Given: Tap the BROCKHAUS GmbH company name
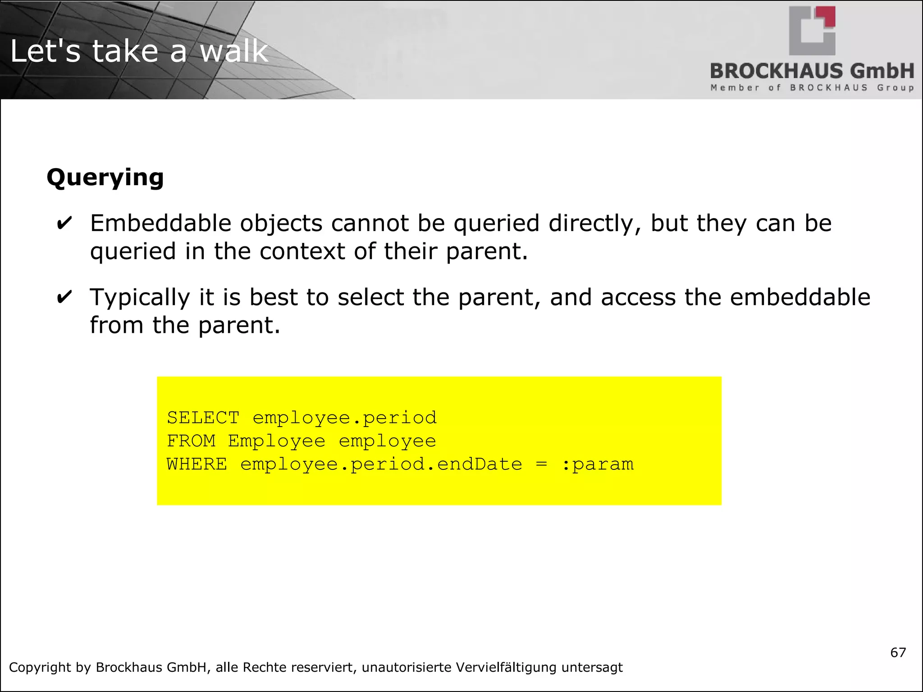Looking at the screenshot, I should [812, 71].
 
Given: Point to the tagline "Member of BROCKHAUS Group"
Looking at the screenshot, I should [812, 87].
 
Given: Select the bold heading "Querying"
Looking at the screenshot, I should [105, 177].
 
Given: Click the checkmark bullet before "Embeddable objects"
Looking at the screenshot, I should [64, 223].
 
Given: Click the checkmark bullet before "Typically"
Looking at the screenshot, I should [64, 297].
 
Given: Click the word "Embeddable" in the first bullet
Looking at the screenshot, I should [161, 223].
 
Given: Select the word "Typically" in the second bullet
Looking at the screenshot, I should [140, 298].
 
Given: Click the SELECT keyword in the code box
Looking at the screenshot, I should [203, 418].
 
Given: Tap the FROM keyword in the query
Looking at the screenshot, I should [191, 441].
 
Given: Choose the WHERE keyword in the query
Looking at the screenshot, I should [197, 464].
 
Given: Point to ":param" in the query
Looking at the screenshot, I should [598, 464].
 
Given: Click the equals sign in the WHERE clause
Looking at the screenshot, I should [541, 464].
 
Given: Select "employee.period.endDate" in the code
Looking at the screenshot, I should [381, 464].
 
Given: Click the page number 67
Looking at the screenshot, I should [898, 652].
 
